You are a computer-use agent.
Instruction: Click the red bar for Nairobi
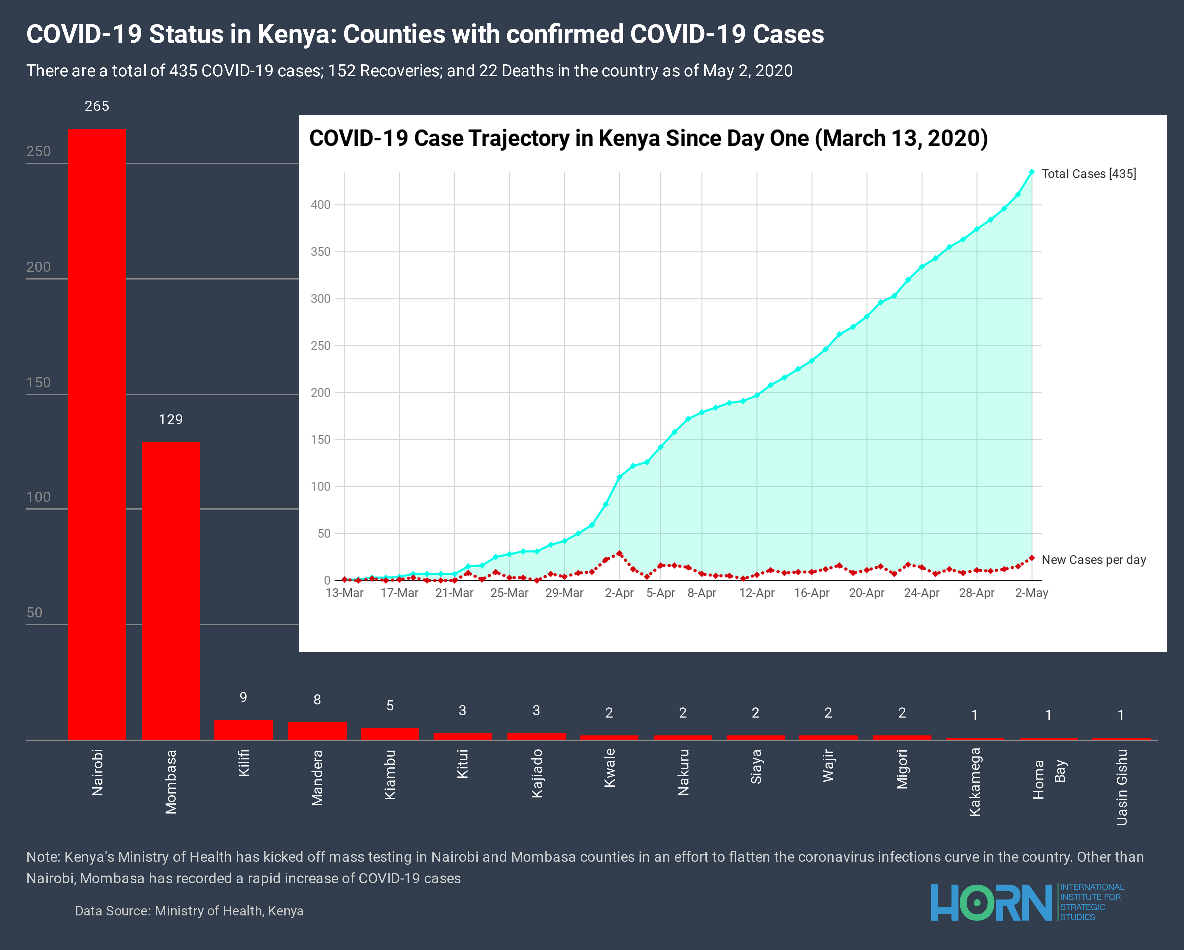97,434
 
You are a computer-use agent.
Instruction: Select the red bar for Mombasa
170,591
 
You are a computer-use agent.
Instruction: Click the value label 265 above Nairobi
97,106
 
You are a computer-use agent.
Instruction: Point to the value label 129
170,420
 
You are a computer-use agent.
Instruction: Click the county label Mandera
317,777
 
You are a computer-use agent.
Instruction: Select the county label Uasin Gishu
1121,787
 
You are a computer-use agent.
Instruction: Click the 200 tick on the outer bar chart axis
38,267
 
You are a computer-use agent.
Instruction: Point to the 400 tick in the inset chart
321,205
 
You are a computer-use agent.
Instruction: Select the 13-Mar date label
344,593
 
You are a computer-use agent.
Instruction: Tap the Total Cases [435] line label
1088,174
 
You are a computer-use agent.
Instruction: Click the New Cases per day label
1093,560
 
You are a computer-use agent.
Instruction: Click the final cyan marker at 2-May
1031,172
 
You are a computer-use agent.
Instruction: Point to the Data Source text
189,911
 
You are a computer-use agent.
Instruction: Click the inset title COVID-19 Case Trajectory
648,138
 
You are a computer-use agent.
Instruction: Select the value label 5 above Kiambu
390,705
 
